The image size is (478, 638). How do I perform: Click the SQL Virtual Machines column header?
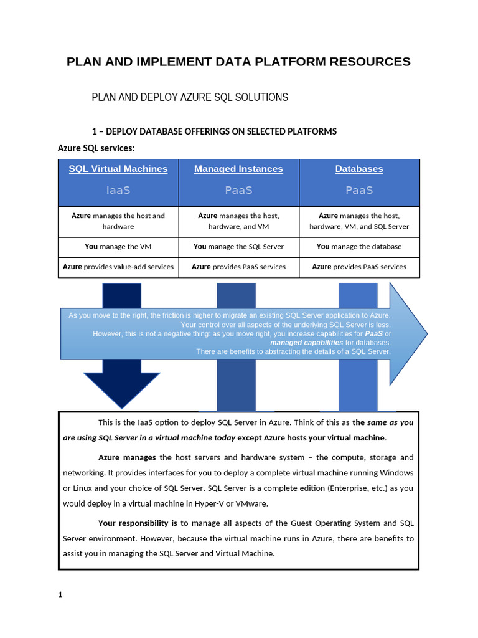pos(118,169)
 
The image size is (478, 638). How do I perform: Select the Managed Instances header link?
pos(238,169)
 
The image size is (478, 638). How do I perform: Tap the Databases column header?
pos(359,169)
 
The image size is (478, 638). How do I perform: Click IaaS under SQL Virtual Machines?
pos(118,190)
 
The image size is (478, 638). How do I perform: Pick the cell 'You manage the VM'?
pos(118,247)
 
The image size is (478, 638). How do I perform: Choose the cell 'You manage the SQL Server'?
pos(238,247)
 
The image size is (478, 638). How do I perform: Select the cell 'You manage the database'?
pos(359,247)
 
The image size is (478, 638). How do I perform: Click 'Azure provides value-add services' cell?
pos(118,267)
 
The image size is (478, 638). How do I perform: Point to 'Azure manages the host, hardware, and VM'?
pos(238,221)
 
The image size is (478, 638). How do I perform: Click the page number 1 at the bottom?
pos(60,594)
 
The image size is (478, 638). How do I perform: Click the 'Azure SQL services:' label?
pos(96,148)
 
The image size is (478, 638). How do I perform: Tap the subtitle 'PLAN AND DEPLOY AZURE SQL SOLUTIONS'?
pos(190,97)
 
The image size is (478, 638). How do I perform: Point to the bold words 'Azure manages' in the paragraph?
pos(127,457)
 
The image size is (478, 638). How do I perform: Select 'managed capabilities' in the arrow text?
pos(306,343)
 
